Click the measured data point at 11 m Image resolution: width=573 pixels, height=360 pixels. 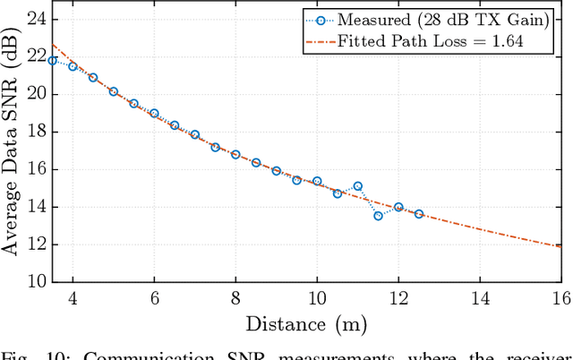357,186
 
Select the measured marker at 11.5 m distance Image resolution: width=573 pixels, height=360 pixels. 378,216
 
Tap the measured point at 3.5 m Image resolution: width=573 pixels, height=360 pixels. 52,61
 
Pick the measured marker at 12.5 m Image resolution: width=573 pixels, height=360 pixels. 418,214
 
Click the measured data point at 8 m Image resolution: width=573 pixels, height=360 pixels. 235,154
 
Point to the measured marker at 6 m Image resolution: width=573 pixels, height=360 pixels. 154,114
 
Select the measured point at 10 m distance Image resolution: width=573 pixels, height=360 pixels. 317,181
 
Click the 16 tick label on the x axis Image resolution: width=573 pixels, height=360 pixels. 560,298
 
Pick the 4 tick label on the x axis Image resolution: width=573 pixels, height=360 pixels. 73,298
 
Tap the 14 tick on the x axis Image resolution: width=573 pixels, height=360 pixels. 479,298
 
